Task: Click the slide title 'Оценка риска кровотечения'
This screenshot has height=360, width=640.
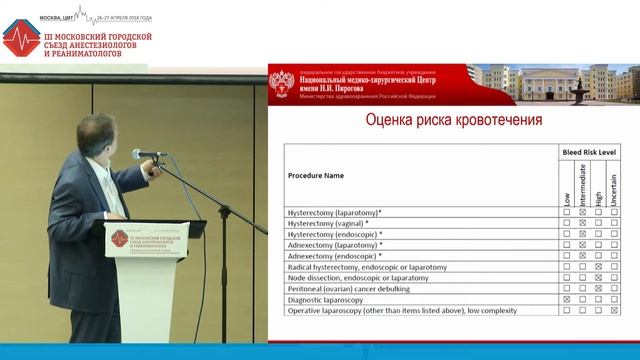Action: tap(441, 121)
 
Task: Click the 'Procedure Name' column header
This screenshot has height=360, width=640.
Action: tap(316, 174)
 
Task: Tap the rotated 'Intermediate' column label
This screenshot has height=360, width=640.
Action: tap(582, 184)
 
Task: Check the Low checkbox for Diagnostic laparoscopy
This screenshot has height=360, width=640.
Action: tap(567, 299)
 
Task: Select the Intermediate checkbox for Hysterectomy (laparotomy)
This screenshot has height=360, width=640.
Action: tap(582, 213)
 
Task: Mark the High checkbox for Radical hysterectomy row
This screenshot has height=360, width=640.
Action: tap(598, 267)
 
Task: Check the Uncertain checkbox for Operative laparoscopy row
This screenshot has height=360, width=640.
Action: tap(614, 310)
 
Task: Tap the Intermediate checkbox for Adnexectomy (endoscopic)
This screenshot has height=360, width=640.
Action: tap(582, 256)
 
